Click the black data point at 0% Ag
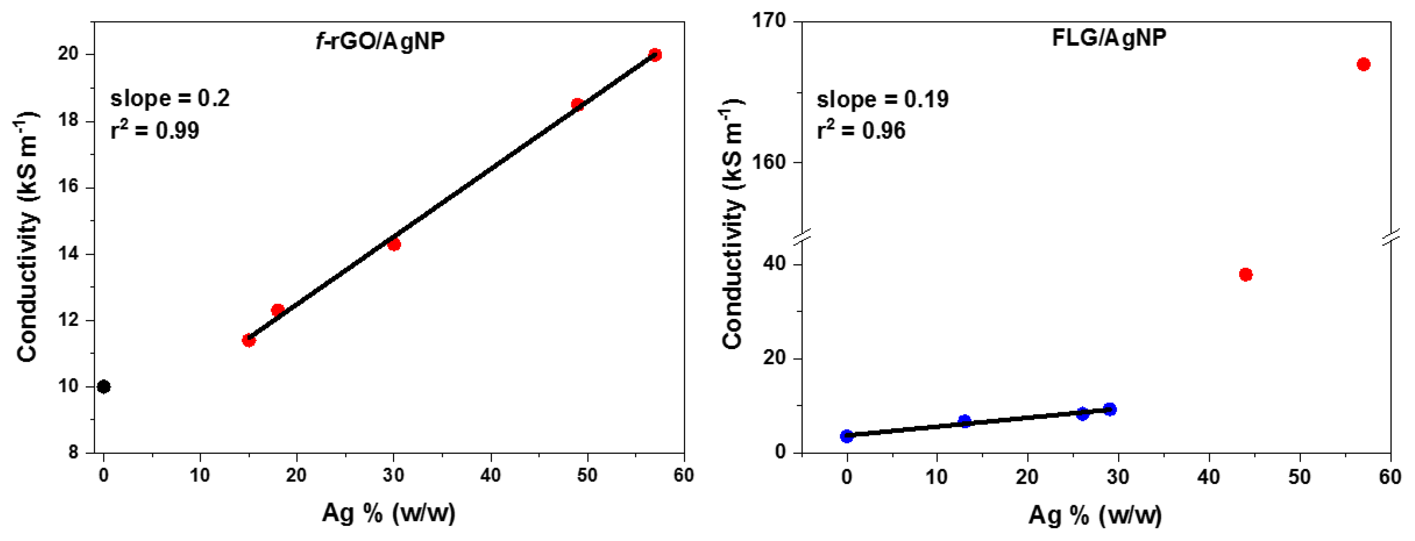103,387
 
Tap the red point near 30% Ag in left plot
394,244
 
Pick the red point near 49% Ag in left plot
577,104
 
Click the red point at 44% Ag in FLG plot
1245,274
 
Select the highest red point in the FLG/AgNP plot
1363,64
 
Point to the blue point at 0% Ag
847,436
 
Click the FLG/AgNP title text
1109,38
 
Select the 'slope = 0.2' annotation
170,98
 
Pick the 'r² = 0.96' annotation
861,130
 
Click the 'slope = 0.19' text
882,100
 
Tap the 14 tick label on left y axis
69,254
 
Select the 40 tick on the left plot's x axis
490,475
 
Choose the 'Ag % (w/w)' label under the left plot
388,513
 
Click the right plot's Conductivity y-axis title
732,225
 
